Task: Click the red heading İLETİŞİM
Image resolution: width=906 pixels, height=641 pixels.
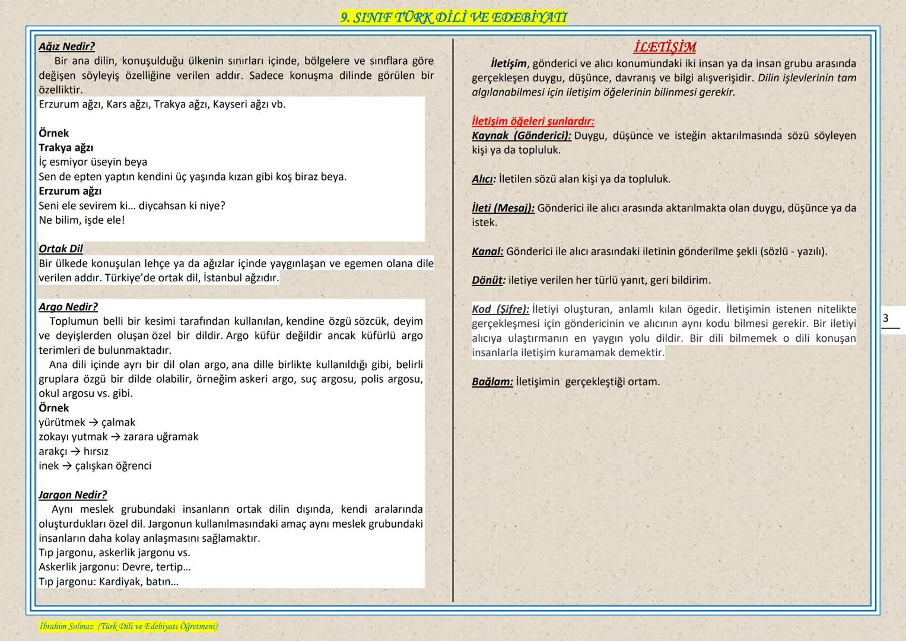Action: click(664, 47)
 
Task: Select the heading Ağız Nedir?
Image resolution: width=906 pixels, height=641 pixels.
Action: click(66, 46)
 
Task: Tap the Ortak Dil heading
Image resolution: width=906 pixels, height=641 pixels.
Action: click(61, 249)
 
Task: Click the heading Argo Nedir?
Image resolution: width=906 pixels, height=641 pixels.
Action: click(68, 307)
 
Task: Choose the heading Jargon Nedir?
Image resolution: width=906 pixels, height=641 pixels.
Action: click(72, 494)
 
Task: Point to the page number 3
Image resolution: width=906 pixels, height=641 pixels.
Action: click(885, 318)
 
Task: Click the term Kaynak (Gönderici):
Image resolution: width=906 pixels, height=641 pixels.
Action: click(522, 135)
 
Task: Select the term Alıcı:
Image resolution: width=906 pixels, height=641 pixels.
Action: click(484, 179)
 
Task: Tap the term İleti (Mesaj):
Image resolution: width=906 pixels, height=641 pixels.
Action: click(503, 208)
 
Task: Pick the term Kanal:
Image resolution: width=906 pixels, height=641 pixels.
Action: click(487, 251)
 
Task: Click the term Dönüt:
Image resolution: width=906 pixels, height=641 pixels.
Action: click(488, 280)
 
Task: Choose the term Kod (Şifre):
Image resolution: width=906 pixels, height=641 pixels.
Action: click(500, 309)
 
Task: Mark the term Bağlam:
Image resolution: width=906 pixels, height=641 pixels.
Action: click(492, 382)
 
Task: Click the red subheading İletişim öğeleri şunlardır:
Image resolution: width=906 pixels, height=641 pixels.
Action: click(533, 121)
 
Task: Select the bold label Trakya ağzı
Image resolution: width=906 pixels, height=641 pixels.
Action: click(66, 148)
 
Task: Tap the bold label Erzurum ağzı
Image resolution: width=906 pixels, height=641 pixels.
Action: click(70, 191)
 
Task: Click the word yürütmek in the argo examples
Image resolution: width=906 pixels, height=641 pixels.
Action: click(62, 423)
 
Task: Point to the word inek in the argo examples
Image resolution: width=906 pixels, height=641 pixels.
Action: click(49, 466)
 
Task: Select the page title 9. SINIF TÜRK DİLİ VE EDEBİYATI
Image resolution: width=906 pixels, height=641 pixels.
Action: click(453, 18)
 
